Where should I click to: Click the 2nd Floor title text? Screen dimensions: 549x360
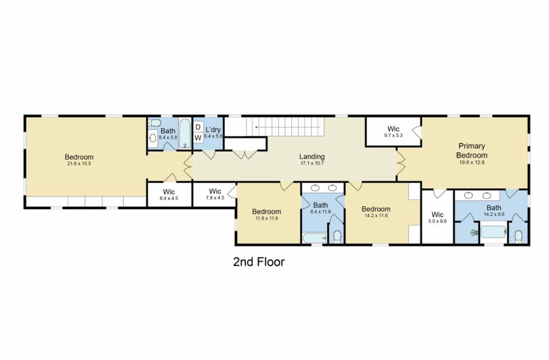coord(259,261)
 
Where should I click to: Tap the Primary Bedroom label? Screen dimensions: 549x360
coord(472,150)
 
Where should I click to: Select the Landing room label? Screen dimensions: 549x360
coord(312,157)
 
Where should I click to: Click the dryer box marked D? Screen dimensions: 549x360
coord(198,127)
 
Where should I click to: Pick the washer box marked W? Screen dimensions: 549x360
coord(198,137)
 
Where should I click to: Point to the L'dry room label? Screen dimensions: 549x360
coord(213,129)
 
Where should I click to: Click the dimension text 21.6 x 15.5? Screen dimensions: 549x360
coord(79,163)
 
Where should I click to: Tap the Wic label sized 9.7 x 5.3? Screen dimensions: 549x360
coord(393,129)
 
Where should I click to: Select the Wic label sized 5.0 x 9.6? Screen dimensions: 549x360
coord(438,215)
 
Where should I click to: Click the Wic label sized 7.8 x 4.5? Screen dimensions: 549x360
coord(215,191)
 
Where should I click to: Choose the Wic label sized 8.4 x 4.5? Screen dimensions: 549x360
coord(169,192)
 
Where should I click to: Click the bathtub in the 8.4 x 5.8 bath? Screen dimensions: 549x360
coord(185,134)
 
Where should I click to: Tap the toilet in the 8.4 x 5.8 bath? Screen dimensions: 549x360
coord(154,123)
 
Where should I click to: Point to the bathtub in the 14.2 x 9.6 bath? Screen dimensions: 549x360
coord(494,232)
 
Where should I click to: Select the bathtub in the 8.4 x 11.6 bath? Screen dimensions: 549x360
coord(314,238)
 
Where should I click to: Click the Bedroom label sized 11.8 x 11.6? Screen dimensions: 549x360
coord(267,211)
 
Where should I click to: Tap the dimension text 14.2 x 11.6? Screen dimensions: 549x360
coord(376,216)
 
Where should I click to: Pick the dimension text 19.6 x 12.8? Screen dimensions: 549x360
coord(472,162)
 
